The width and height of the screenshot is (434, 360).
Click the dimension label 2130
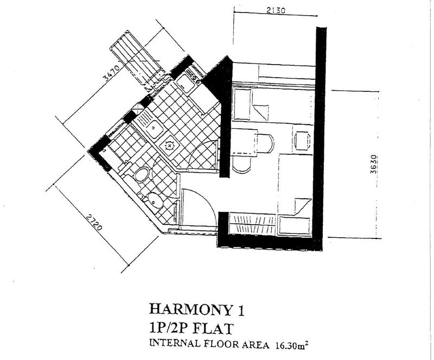(x=276, y=10)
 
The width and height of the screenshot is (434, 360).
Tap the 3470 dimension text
(x=111, y=72)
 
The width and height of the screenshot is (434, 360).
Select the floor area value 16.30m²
(x=292, y=345)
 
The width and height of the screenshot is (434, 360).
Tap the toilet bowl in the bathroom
(x=142, y=174)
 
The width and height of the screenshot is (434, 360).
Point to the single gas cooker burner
(x=169, y=145)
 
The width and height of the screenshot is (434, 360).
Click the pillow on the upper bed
(x=242, y=104)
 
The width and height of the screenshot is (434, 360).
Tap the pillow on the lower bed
(x=294, y=225)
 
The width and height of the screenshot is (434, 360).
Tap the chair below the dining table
(x=242, y=165)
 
